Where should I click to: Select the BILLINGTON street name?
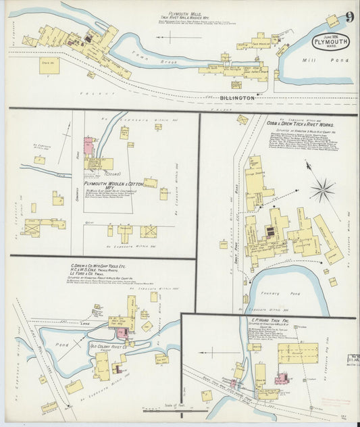[x=236, y=98]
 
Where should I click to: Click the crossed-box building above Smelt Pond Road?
[x=147, y=232]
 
